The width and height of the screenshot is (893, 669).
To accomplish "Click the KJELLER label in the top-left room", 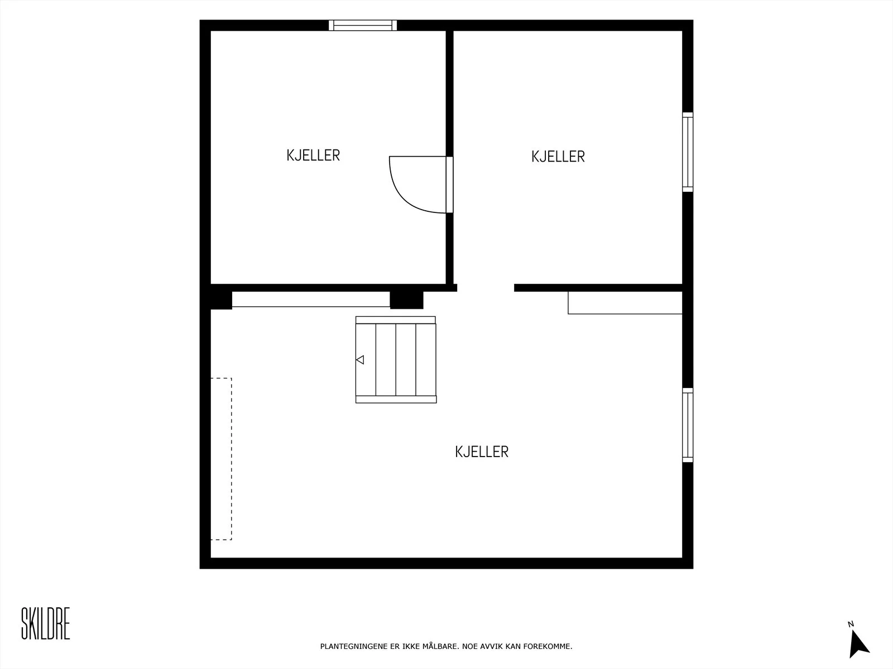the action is (313, 155).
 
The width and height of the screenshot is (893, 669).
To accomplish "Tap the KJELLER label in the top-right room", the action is (558, 157).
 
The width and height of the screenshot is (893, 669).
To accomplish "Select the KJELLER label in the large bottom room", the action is (482, 452).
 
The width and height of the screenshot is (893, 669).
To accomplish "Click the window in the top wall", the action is (362, 25).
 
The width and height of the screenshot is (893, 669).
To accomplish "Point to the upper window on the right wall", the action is (688, 152).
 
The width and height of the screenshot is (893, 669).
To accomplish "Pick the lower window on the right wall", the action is (688, 425).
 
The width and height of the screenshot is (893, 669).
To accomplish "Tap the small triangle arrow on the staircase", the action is (360, 360).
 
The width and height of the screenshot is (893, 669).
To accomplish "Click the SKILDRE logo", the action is (46, 623).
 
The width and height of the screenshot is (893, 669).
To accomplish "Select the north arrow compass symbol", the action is (858, 644).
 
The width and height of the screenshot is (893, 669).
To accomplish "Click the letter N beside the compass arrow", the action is (850, 624).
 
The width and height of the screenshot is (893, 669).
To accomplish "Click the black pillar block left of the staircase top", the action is (406, 300).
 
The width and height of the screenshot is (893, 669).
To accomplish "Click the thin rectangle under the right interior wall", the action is (625, 303).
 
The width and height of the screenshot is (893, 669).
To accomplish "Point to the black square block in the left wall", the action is (221, 300).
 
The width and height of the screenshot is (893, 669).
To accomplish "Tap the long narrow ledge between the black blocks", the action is (311, 299).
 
